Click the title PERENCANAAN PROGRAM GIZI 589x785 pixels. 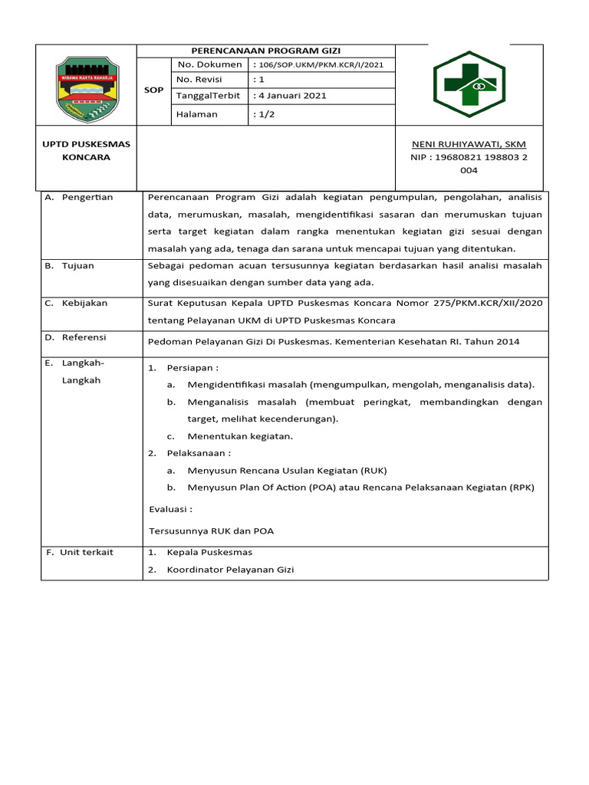click(x=265, y=51)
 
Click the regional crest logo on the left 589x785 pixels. click(x=87, y=87)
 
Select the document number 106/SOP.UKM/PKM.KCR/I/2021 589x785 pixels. click(x=318, y=64)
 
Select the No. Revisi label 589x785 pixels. click(x=199, y=80)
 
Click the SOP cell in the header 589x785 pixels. click(x=154, y=90)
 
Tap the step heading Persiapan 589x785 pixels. click(x=192, y=369)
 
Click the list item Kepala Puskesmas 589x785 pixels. click(x=209, y=553)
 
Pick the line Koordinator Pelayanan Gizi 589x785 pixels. click(x=230, y=570)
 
